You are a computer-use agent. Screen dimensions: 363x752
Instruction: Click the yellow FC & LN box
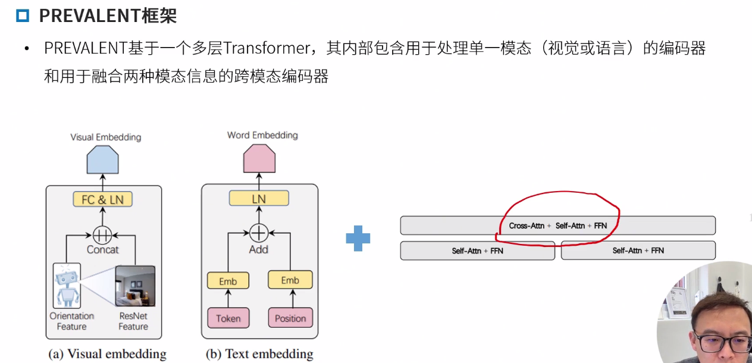coord(102,199)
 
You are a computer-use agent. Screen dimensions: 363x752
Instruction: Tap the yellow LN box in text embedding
coord(259,199)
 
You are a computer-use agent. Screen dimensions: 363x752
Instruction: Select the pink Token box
coord(228,318)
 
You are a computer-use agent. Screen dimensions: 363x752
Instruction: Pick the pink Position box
coord(290,318)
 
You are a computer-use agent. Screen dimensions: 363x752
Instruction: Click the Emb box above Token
coord(228,281)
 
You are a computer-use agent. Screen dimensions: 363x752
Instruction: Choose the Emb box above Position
coord(290,280)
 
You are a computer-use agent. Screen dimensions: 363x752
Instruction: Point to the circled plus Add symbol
coord(259,231)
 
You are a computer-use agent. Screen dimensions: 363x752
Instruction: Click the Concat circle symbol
coord(102,234)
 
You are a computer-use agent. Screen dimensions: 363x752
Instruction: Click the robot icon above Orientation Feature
coord(66,286)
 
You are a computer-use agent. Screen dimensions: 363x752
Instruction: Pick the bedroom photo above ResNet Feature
coord(135,286)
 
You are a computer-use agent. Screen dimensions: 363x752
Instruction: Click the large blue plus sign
coord(358,239)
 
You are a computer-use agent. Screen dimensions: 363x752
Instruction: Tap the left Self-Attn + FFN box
coord(477,251)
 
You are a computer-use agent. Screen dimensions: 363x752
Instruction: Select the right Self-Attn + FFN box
coord(638,251)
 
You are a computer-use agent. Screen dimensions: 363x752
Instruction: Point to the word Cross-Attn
coord(527,226)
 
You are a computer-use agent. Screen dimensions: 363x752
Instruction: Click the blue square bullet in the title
coord(23,15)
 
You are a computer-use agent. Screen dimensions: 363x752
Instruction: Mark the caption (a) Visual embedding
coord(107,354)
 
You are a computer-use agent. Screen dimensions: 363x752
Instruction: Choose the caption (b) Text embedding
coord(259,354)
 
